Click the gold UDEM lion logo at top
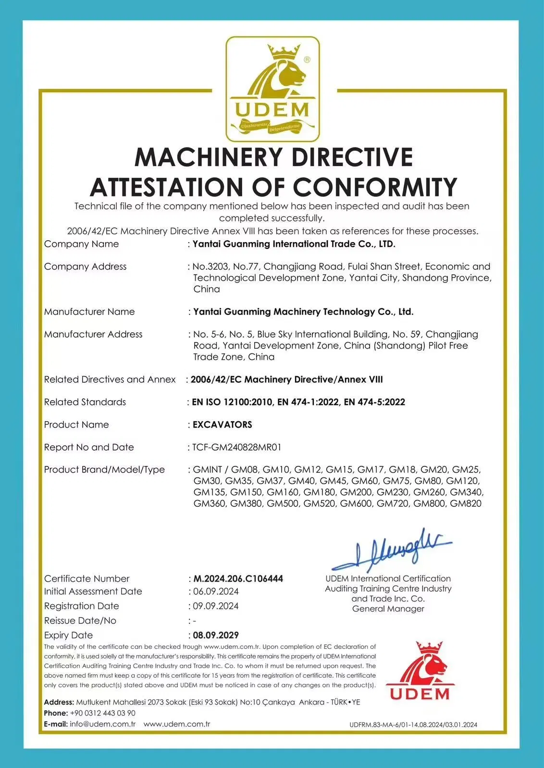(x=272, y=89)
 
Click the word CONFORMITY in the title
(x=375, y=187)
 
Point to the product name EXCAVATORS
(x=222, y=425)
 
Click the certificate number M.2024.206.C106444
(x=238, y=579)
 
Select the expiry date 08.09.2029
(x=216, y=635)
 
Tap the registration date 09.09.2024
(x=216, y=606)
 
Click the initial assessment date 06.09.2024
(x=216, y=591)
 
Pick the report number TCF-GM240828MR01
(x=237, y=447)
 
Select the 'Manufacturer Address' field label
(x=93, y=334)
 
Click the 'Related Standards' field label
(x=85, y=402)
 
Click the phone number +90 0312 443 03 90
(x=102, y=713)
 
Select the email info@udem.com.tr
(x=102, y=724)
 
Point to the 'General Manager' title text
(x=388, y=609)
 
